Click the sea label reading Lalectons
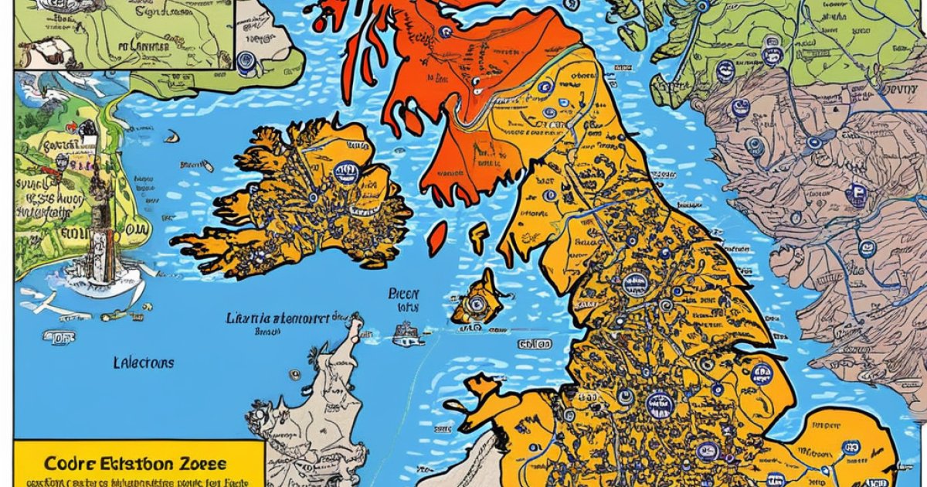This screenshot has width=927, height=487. click(144, 363)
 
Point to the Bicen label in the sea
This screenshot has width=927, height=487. click(403, 294)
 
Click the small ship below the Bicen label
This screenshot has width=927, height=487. click(408, 334)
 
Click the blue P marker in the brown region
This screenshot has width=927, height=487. click(855, 194)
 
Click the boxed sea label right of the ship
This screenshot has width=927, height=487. click(535, 343)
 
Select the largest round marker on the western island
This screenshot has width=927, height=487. click(347, 172)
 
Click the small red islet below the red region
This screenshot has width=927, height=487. click(437, 235)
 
